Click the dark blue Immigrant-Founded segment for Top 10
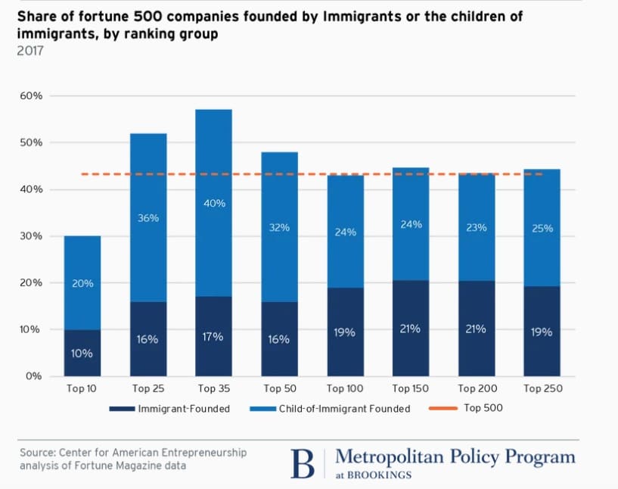click(x=82, y=353)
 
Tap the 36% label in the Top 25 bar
click(x=148, y=219)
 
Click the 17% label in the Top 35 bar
click(x=213, y=336)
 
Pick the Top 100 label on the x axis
click(x=345, y=388)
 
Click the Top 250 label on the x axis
click(x=542, y=388)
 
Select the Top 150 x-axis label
click(x=411, y=388)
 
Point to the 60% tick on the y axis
click(x=32, y=96)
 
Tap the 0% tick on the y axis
click(x=35, y=376)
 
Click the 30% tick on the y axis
click(x=32, y=236)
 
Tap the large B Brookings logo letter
click(x=303, y=463)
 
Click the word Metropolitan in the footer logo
click(x=384, y=457)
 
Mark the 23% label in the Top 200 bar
click(x=477, y=226)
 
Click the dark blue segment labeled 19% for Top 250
click(x=542, y=331)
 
